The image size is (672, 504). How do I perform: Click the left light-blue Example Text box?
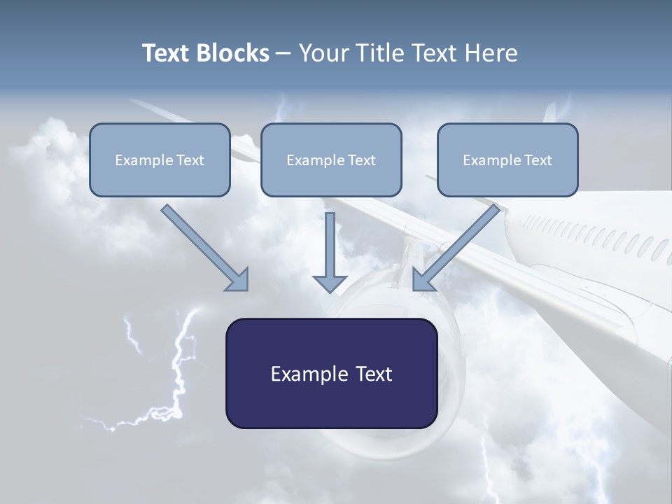(x=160, y=160)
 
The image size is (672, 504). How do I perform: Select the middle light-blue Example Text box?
(x=331, y=160)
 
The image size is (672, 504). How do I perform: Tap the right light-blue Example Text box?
(x=507, y=160)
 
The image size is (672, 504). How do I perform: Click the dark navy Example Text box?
(x=331, y=373)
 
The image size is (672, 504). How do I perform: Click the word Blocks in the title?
(x=233, y=53)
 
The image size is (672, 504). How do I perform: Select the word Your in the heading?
(x=323, y=53)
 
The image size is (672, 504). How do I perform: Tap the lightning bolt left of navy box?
(x=175, y=371)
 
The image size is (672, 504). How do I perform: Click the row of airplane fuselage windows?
(x=595, y=234)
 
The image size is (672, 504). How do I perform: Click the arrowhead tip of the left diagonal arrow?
(x=242, y=284)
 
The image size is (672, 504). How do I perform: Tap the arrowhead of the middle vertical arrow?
(x=330, y=285)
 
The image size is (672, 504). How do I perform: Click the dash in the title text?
(x=283, y=53)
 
